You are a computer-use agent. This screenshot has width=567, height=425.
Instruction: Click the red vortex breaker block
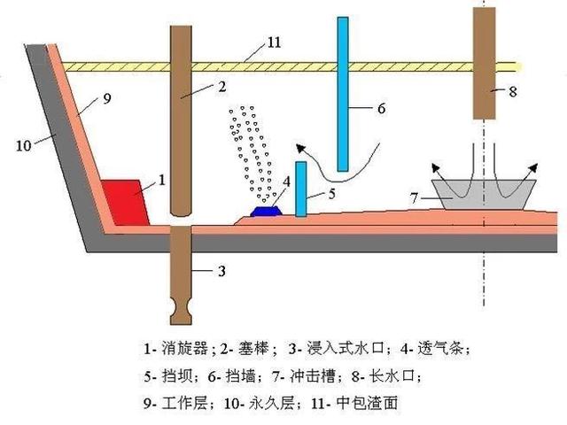[126, 203]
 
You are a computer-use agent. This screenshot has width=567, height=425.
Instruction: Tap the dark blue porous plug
[266, 211]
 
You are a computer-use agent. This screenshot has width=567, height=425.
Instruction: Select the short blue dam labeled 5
[301, 189]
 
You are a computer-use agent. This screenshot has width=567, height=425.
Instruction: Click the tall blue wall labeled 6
[343, 94]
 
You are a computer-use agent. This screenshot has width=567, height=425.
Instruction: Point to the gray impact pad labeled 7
[484, 195]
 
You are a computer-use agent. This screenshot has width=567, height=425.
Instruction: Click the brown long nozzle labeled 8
[485, 63]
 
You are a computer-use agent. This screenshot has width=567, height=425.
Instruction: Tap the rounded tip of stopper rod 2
[181, 212]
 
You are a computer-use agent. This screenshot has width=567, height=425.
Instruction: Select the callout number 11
[274, 42]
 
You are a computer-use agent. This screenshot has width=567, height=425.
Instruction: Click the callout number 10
[24, 145]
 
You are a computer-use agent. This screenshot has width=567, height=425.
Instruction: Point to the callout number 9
[107, 98]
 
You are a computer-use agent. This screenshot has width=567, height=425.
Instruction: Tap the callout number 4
[287, 182]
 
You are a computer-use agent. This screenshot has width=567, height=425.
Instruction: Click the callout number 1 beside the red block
[162, 180]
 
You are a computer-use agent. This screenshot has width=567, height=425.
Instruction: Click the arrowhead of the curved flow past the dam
[300, 148]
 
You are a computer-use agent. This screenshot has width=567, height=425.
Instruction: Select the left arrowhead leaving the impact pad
[436, 167]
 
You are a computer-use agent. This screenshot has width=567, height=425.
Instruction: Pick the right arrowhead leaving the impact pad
[532, 167]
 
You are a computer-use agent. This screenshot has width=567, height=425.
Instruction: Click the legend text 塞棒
[253, 349]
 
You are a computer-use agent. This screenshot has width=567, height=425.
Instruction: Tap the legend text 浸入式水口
[345, 349]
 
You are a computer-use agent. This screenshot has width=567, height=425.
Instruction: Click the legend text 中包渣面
[367, 403]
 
